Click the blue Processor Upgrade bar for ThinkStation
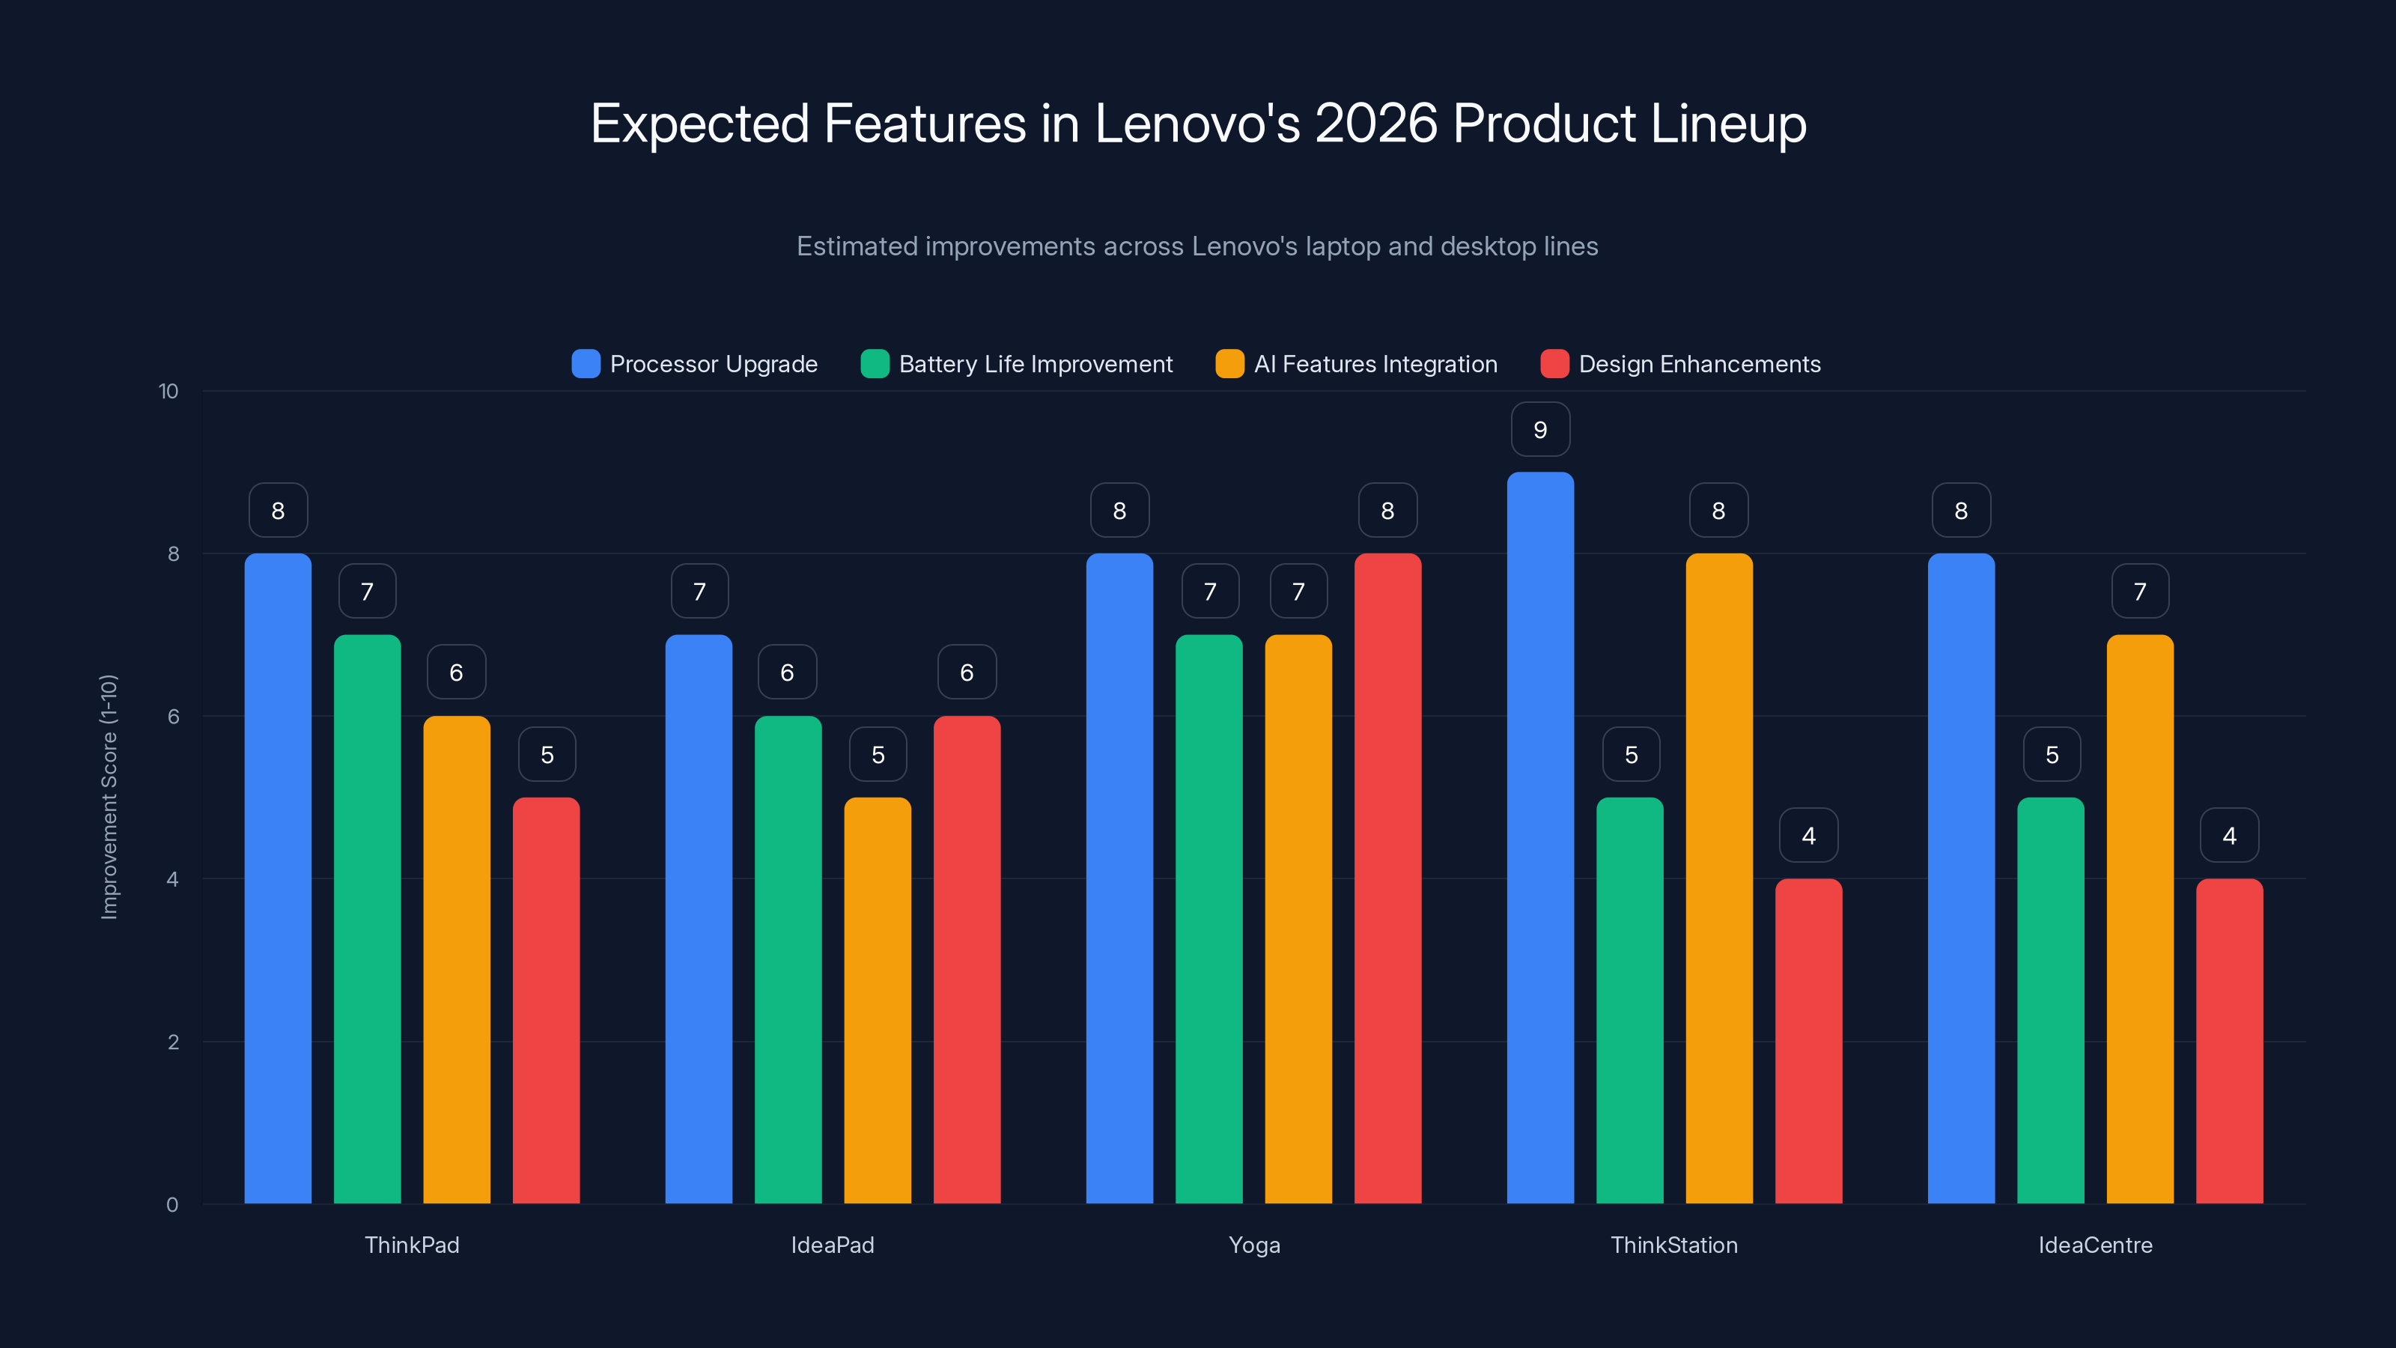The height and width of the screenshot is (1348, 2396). [x=1540, y=837]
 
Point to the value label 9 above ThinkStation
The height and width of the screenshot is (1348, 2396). [x=1540, y=430]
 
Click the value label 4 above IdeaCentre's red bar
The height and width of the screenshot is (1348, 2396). [x=2230, y=836]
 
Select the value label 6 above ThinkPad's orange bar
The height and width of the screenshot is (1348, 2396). [x=456, y=673]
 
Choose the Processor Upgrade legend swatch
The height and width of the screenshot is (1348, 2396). [x=586, y=364]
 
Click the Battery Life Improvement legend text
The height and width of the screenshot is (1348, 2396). [x=1036, y=364]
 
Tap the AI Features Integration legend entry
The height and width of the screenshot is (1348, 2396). [x=1375, y=364]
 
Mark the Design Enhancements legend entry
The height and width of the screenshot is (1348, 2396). [x=1698, y=364]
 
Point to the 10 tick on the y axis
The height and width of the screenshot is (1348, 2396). [x=168, y=391]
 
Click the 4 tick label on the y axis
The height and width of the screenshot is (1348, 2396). [x=173, y=879]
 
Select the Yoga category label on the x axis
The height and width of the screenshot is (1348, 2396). [x=1254, y=1245]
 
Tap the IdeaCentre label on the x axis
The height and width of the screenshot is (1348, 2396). [x=2095, y=1245]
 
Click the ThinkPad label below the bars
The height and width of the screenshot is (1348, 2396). [x=412, y=1245]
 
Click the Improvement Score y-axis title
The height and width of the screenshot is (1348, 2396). [x=109, y=798]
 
